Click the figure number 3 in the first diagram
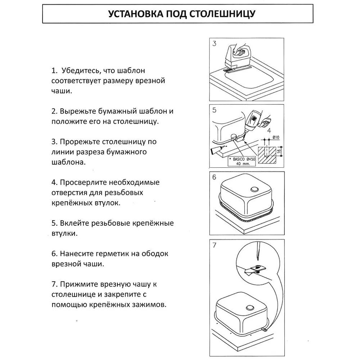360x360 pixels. pos(215,44)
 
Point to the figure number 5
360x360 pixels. pos(215,110)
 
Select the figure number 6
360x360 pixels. pos(215,177)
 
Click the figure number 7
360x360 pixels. pos(215,246)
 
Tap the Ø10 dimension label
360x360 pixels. pos(276,137)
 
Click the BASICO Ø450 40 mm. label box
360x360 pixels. pos(242,161)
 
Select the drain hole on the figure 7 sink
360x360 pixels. pos(249,307)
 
